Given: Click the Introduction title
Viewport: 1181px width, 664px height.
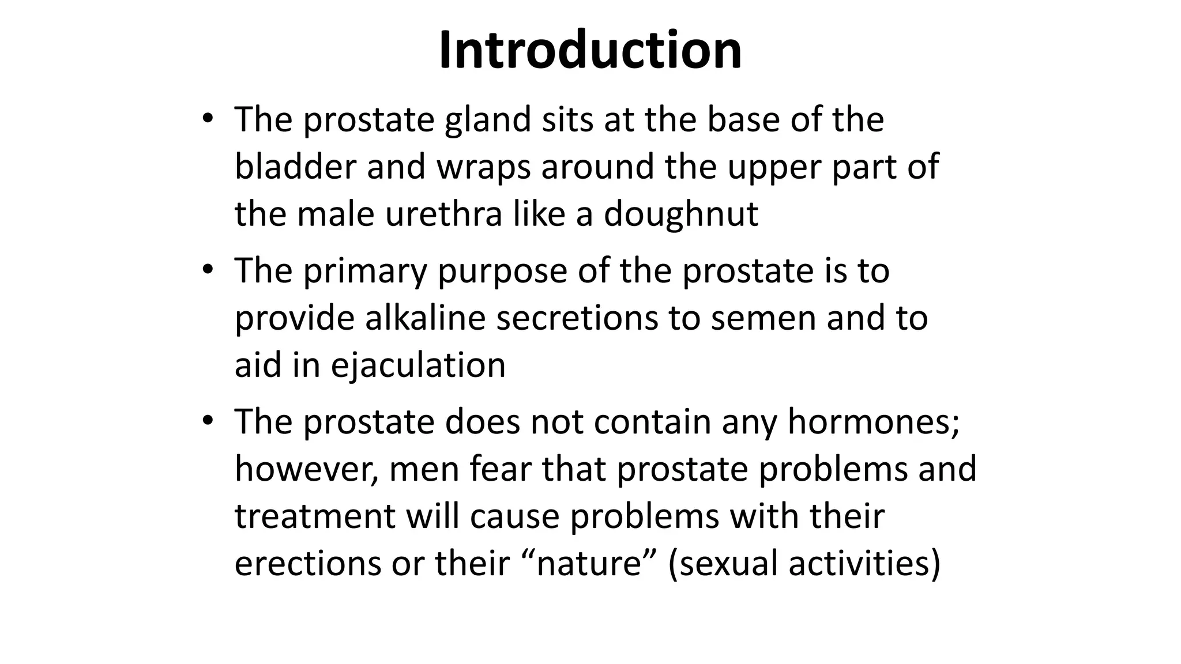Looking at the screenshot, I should pos(590,51).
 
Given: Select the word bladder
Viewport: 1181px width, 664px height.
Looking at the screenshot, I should pos(295,167).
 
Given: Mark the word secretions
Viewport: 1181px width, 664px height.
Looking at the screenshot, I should pos(577,318).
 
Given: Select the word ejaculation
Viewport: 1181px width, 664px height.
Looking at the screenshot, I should pos(418,366).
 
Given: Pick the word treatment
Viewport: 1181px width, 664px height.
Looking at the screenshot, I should pos(315,516).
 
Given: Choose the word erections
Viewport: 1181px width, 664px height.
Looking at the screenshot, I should pos(308,564).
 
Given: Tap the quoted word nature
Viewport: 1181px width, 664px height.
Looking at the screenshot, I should pos(589,564).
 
